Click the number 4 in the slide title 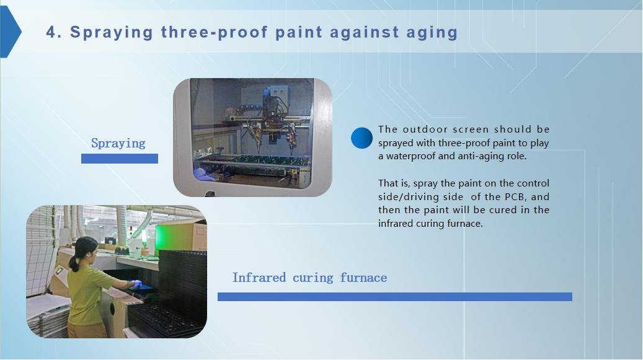[51, 32]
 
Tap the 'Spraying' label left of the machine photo [118, 143]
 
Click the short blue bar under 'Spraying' [119, 159]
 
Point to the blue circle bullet [361, 138]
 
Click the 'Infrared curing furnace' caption [309, 278]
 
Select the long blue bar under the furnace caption [394, 297]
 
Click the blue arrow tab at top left [9, 32]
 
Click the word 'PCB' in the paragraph [516, 197]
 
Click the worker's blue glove [135, 284]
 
